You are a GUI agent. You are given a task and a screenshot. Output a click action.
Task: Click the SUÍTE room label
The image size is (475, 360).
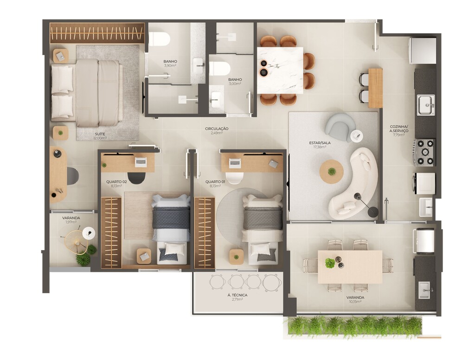coord(100,134)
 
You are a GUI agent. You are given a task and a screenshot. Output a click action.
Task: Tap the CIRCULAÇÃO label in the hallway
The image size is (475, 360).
coord(217,129)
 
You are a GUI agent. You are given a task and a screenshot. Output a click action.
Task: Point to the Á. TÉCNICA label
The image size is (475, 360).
coord(237,295)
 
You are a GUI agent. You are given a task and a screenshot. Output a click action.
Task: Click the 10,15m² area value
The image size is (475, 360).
coord(355,302)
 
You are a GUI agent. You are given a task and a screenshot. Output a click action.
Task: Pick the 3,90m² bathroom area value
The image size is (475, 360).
coord(170,65)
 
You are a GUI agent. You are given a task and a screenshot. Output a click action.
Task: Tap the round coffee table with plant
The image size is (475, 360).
coord(332,172)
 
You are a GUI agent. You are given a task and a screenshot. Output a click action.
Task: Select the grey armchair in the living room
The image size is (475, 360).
coord(340,127)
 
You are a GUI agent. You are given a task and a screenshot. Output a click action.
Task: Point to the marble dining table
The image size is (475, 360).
coord(280,71)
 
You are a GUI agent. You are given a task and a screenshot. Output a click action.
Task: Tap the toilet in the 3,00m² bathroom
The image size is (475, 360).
coord(219,69)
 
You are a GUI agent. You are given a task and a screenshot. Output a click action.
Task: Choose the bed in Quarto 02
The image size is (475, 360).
coord(171,229)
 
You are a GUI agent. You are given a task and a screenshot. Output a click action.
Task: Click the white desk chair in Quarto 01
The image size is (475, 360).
coord(235,178)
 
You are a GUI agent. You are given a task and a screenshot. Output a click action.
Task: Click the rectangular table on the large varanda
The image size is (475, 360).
coord(350,267)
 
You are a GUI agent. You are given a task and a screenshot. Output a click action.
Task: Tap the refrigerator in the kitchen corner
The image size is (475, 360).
coord(422,51)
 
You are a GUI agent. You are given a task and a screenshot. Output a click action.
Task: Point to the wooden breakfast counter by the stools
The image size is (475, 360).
coord(375,88)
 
